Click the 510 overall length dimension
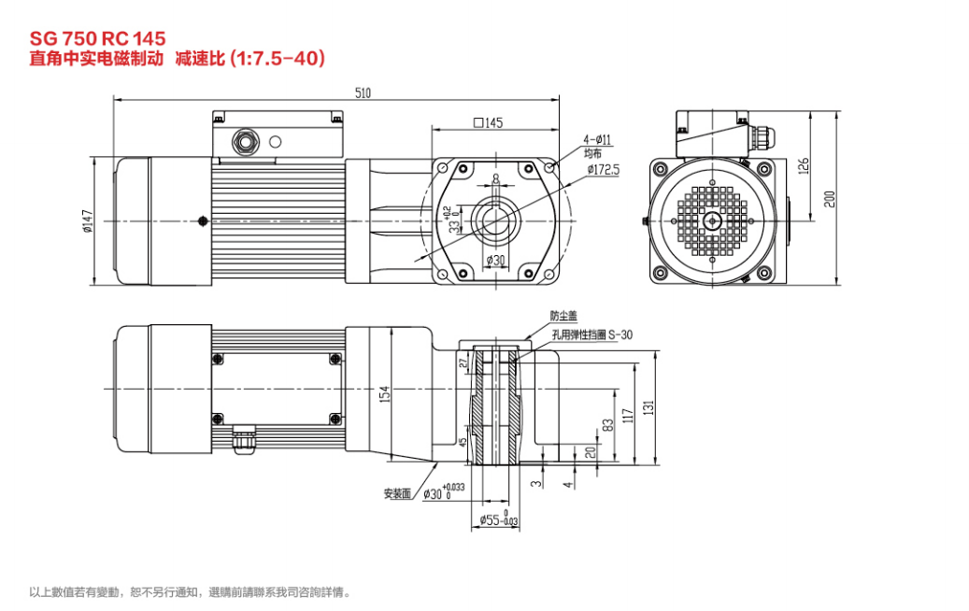coord(363,92)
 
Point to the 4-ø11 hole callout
coord(597,140)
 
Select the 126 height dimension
coord(802,165)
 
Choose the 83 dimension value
coord(608,424)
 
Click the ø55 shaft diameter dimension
coord(498,519)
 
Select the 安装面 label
coord(397,493)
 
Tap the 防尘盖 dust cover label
coord(563,317)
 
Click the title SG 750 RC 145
coord(97,38)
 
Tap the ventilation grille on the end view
coord(712,221)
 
